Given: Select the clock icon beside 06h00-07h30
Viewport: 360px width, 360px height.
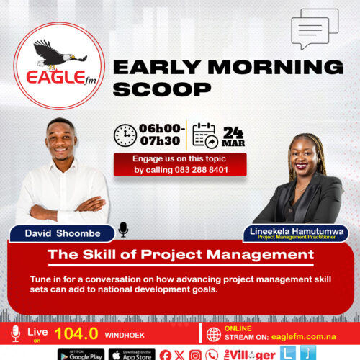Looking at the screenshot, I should [126, 135].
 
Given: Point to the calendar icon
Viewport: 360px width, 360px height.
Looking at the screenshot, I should [204, 135].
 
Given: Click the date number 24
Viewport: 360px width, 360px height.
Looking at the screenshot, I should [233, 131].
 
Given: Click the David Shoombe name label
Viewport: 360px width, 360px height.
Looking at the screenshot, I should [61, 233].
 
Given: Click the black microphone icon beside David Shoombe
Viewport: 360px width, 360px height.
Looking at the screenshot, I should [123, 229].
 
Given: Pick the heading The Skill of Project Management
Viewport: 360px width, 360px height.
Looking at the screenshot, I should [180, 254].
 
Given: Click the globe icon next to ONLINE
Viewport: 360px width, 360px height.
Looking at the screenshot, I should [213, 334].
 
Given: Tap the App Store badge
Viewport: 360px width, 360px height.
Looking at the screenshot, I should [132, 354].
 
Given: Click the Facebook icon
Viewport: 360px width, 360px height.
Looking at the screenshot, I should [166, 354].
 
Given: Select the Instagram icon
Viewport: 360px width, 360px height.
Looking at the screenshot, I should [194, 354].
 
